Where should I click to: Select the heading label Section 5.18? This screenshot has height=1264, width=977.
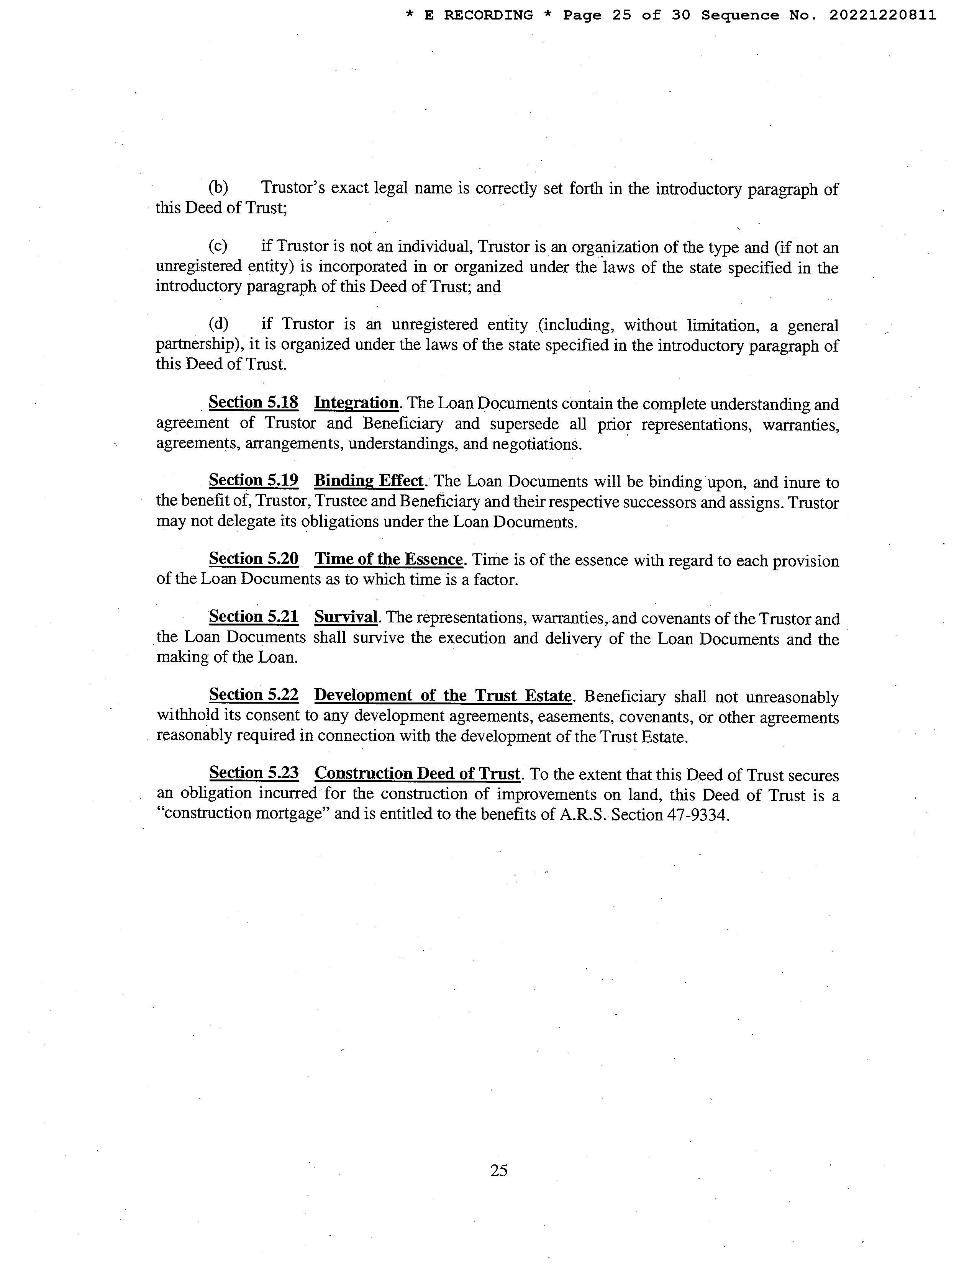(254, 402)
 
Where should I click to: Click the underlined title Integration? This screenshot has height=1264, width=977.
(356, 403)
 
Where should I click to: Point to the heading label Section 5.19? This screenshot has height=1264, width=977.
(254, 480)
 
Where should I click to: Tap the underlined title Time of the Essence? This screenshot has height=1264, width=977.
(389, 559)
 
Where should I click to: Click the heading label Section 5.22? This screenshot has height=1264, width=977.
(254, 694)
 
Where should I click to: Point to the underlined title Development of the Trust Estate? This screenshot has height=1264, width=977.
(443, 695)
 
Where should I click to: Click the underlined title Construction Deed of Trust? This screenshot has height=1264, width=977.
(417, 773)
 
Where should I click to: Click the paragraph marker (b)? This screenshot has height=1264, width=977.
(218, 188)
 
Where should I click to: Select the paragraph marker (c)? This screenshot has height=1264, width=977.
(218, 246)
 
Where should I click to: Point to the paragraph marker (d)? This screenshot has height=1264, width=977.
(218, 324)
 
